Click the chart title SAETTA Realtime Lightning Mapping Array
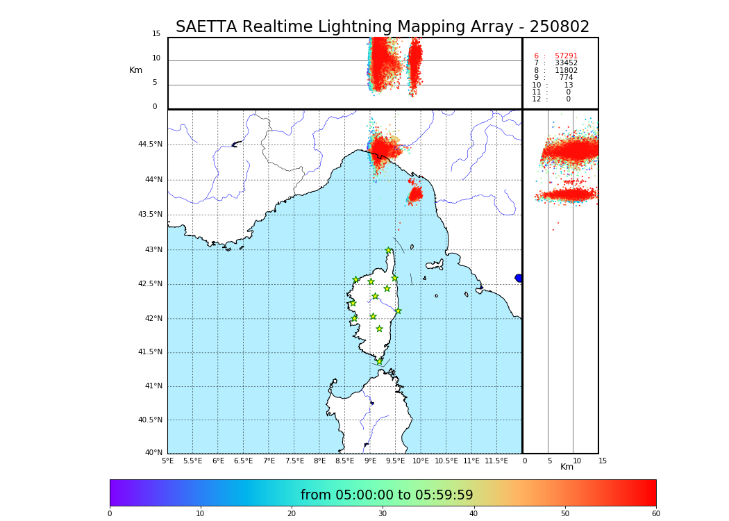click(x=382, y=27)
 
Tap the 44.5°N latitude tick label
click(x=150, y=144)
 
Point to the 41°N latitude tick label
click(x=153, y=386)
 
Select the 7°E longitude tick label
click(x=269, y=461)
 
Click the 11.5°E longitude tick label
click(x=496, y=461)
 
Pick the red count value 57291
click(x=566, y=56)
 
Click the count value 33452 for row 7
click(x=566, y=63)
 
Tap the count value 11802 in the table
click(x=566, y=71)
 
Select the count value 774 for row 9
click(x=566, y=78)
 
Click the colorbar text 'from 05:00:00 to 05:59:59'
click(x=387, y=495)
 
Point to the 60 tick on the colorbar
click(x=655, y=513)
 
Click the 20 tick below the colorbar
click(x=292, y=513)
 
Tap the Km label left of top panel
click(x=135, y=70)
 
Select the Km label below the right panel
click(x=567, y=467)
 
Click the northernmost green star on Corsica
click(x=389, y=251)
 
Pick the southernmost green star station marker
click(x=380, y=361)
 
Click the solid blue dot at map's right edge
click(x=519, y=278)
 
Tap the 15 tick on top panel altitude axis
click(x=156, y=34)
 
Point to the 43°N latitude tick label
click(x=153, y=250)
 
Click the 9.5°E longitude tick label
click(x=395, y=461)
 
